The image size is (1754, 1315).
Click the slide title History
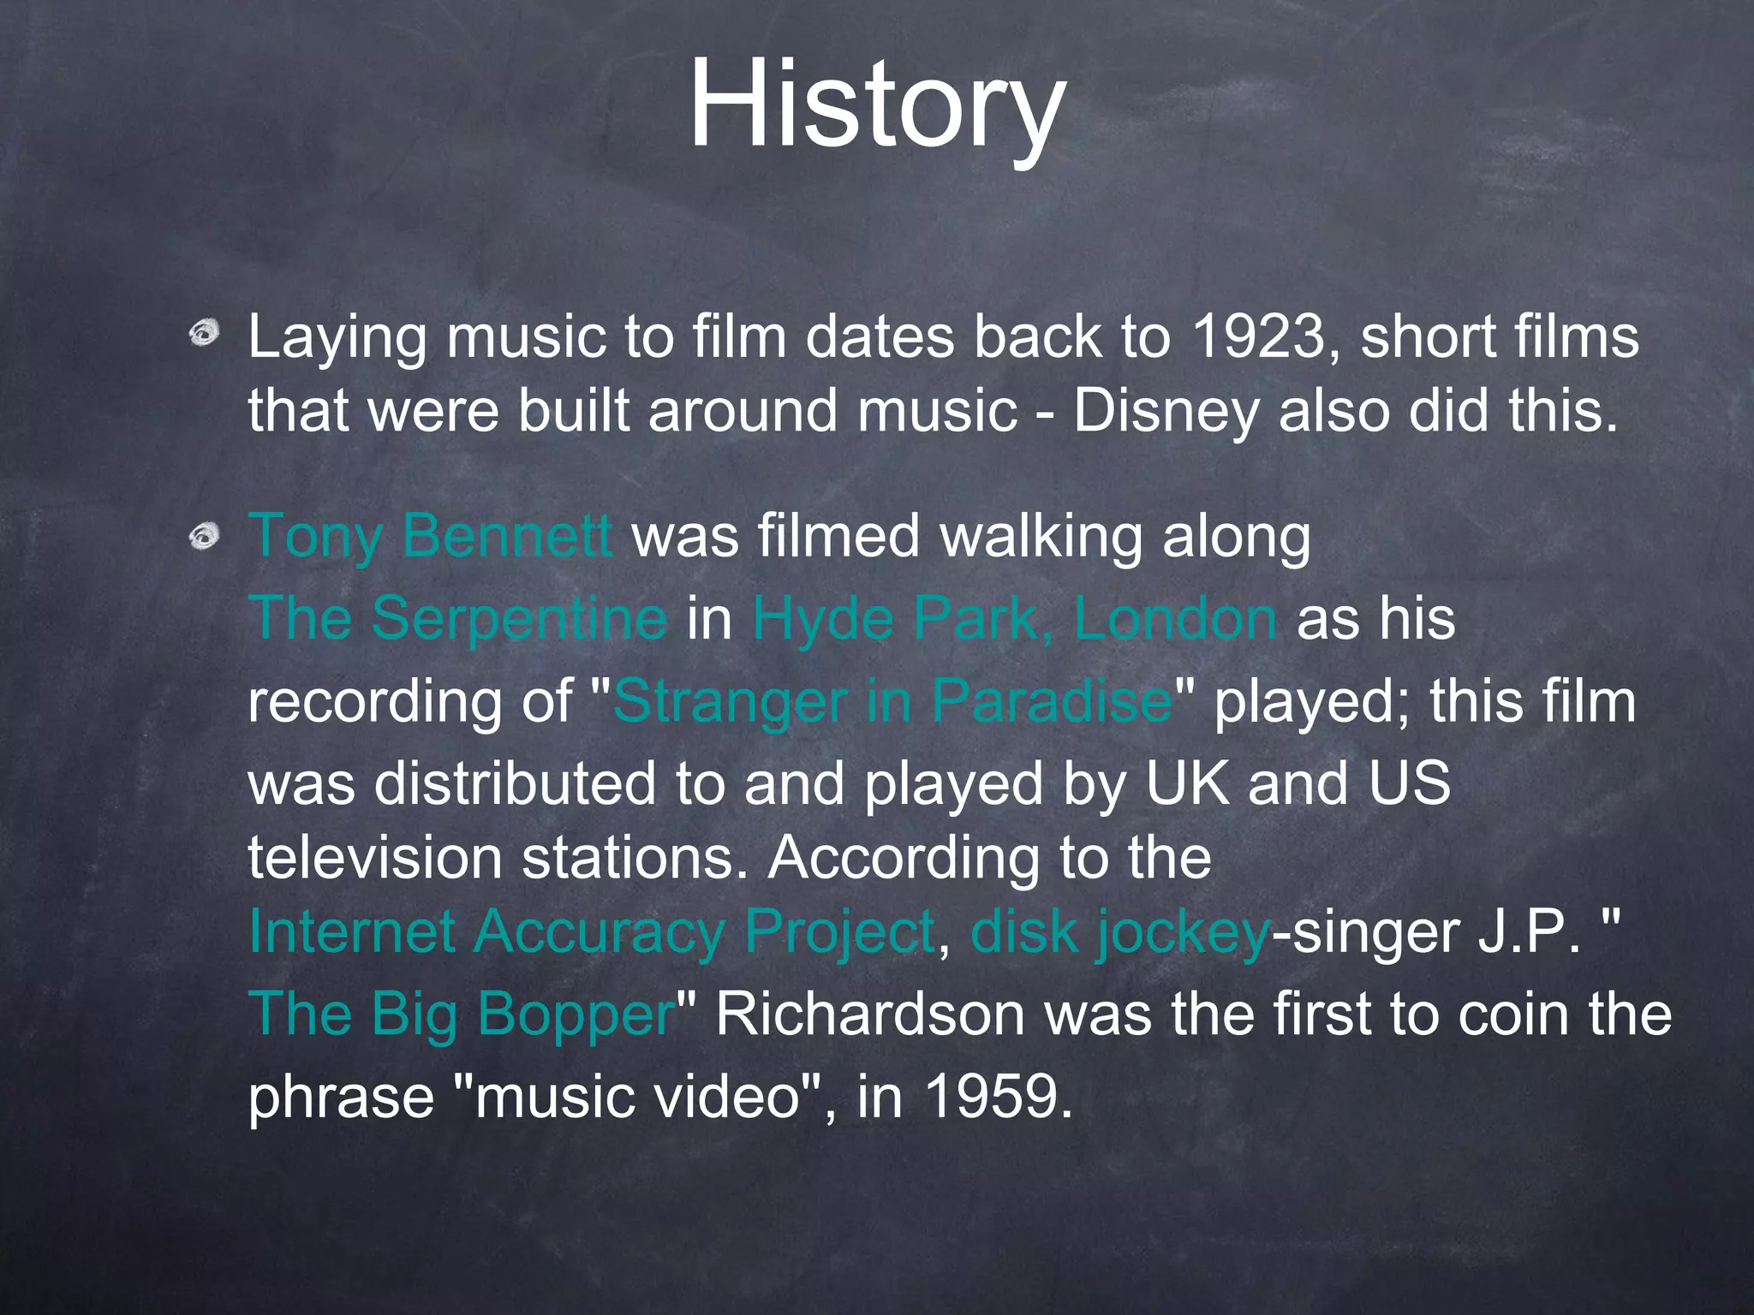tap(876, 104)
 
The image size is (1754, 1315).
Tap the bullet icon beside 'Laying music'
tap(205, 332)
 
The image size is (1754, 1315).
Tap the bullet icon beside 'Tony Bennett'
tap(205, 537)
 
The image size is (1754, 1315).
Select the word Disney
tap(1166, 411)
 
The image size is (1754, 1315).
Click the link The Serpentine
tap(457, 618)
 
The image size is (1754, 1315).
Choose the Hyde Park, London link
tap(1014, 618)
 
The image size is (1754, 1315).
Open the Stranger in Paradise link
tap(892, 701)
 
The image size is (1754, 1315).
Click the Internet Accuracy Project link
tap(592, 931)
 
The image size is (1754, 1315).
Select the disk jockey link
tap(1119, 931)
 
